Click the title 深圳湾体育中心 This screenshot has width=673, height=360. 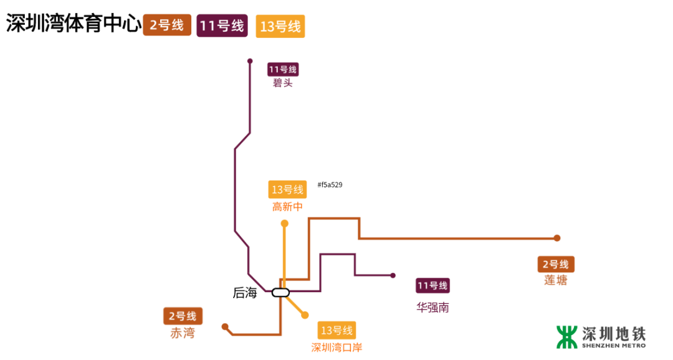(72, 24)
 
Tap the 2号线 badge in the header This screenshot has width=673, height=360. (166, 26)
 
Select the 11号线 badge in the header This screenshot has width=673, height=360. (222, 26)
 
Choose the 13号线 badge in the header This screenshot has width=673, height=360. (280, 27)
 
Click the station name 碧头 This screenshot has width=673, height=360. (282, 83)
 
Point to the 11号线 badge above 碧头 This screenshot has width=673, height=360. (283, 69)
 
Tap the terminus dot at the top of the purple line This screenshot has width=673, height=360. (250, 61)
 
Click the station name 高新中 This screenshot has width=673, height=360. (287, 206)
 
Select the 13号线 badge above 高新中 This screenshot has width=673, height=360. (287, 190)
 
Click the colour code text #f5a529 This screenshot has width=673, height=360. (330, 185)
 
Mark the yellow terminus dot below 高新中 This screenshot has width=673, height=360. (285, 223)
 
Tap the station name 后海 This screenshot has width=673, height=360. (245, 293)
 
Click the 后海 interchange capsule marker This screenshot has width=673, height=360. (280, 292)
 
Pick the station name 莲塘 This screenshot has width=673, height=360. (556, 280)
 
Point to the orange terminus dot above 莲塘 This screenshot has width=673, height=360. (557, 238)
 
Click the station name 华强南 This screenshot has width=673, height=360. (433, 307)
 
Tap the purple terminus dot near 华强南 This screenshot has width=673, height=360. (393, 275)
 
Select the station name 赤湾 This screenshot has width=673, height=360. (183, 333)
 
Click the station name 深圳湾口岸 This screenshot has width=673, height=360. (336, 347)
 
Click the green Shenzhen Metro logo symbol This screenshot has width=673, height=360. (567, 336)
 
